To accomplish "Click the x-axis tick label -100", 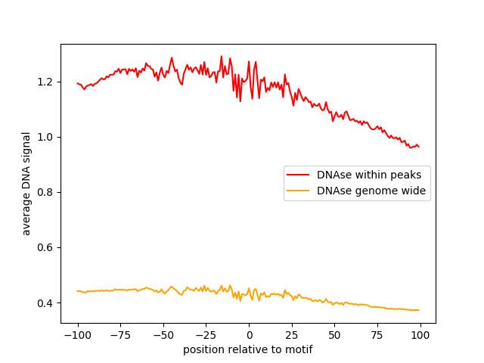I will pyautogui.click(x=77, y=336).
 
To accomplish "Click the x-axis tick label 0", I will pyautogui.click(x=249, y=336).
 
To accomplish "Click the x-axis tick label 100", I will pyautogui.click(x=420, y=336).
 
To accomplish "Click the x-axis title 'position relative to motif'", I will pyautogui.click(x=248, y=350).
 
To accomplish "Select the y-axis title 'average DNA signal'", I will pyautogui.click(x=26, y=184).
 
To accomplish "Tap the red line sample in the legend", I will pyautogui.click(x=300, y=175).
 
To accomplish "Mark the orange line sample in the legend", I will pyautogui.click(x=300, y=191).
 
